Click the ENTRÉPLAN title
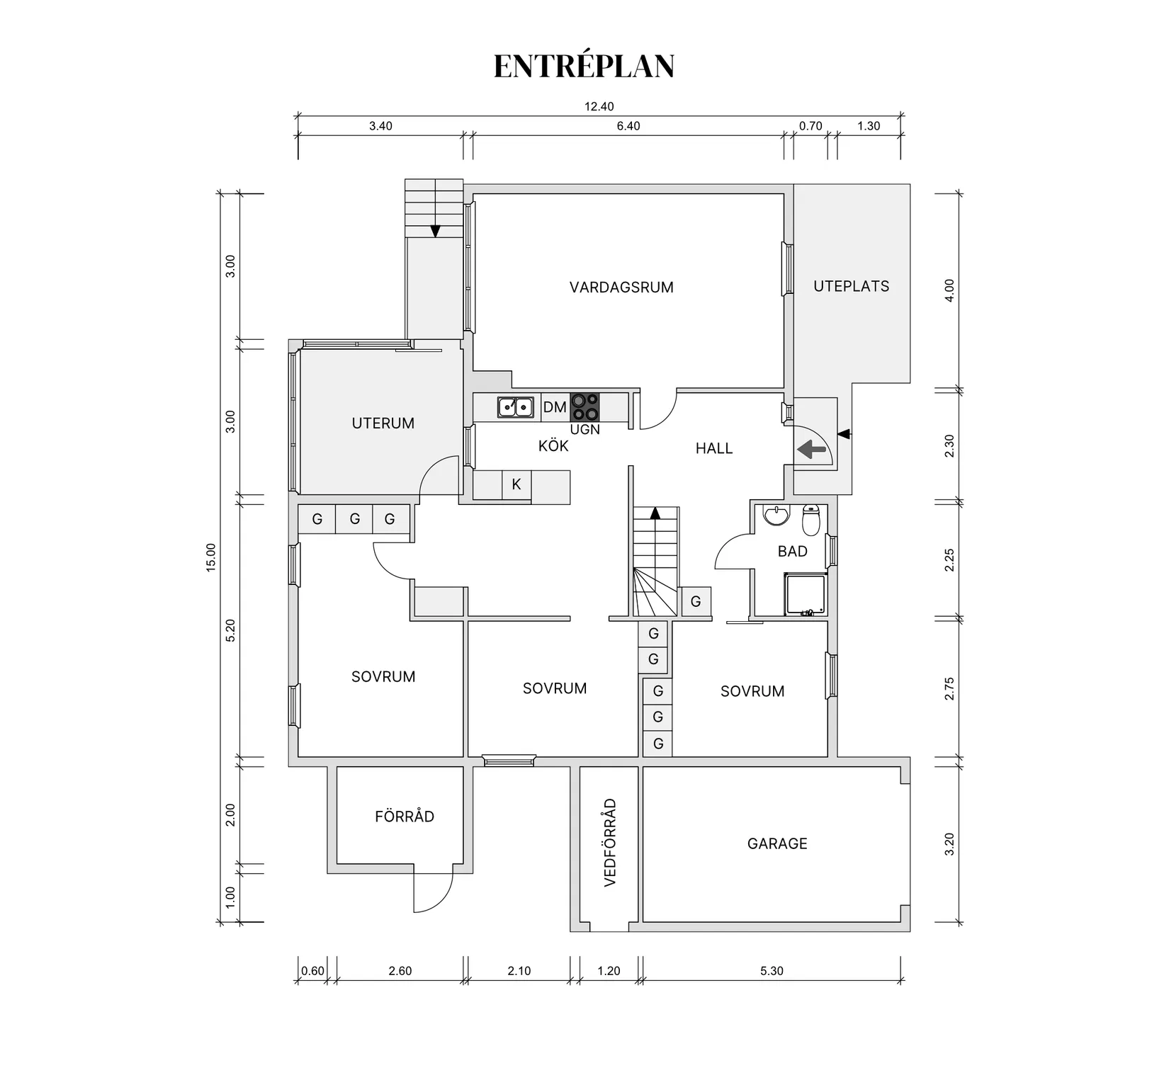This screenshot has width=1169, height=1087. [x=584, y=66]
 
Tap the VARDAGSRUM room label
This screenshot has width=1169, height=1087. [x=621, y=288]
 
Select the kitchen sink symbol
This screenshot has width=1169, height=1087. [x=515, y=407]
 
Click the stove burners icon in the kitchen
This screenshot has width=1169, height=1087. [x=585, y=407]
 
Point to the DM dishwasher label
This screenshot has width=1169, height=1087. [x=555, y=407]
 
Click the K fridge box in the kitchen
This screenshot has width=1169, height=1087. [x=516, y=484]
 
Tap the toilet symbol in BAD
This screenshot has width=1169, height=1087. [x=811, y=520]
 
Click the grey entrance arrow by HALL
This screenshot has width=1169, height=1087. [x=812, y=449]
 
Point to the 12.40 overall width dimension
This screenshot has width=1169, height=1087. [x=599, y=107]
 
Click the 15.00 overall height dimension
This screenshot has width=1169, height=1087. [x=211, y=557]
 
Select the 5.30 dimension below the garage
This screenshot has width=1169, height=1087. [x=772, y=971]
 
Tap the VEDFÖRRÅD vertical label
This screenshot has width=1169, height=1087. [x=610, y=843]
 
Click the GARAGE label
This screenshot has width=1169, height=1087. [x=777, y=843]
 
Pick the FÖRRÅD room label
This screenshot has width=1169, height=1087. [x=405, y=816]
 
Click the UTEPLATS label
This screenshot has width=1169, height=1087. [x=851, y=286]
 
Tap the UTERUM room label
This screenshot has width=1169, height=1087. [x=383, y=423]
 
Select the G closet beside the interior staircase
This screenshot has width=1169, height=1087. [x=696, y=601]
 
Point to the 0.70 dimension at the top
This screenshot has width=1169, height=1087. [x=811, y=126]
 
